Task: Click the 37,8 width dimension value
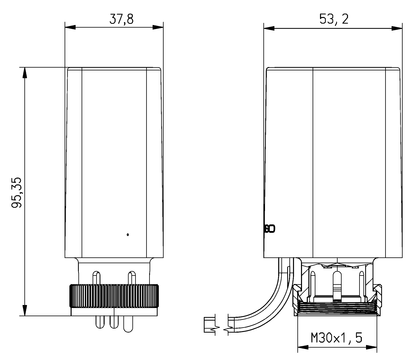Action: pyautogui.click(x=121, y=19)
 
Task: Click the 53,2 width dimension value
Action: pyautogui.click(x=334, y=19)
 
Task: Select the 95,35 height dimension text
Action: pyautogui.click(x=17, y=193)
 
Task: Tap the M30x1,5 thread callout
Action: pyautogui.click(x=336, y=338)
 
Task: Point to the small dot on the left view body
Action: pyautogui.click(x=128, y=235)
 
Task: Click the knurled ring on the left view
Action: pyautogui.click(x=114, y=296)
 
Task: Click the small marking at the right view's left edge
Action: pyautogui.click(x=270, y=229)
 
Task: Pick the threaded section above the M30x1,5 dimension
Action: pyautogui.click(x=337, y=308)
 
